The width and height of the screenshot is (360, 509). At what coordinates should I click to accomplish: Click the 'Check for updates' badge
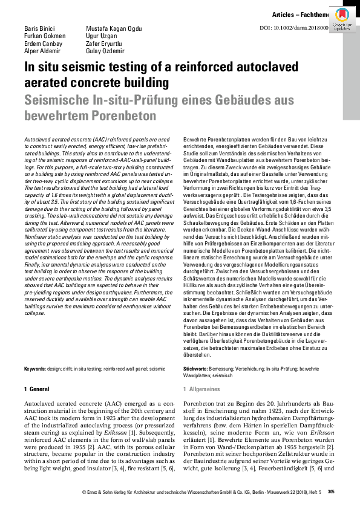[x=342, y=19]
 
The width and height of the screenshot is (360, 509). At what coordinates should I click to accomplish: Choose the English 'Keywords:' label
[x=34, y=368]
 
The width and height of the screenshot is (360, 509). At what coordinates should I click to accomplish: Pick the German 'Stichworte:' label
[x=195, y=368]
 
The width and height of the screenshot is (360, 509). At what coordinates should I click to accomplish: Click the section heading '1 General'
[x=36, y=388]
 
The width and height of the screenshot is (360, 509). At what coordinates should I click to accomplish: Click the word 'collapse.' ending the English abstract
[x=34, y=314]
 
